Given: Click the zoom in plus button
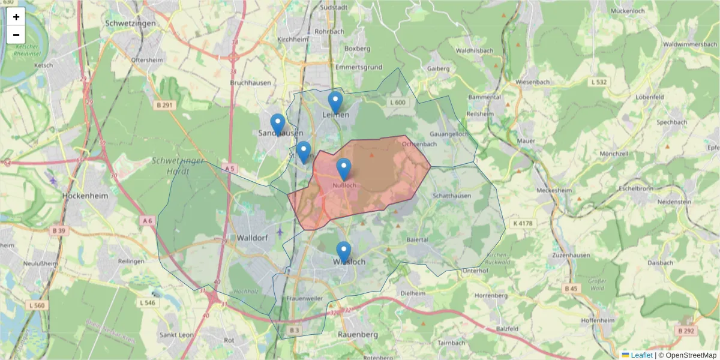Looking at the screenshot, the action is click(x=16, y=17).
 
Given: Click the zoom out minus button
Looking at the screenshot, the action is click(x=16, y=35).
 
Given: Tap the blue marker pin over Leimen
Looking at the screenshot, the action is click(x=335, y=102).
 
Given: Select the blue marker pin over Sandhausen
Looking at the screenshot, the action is click(x=277, y=124).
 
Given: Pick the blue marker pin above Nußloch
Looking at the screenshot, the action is click(x=343, y=169).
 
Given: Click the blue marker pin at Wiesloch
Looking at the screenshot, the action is click(x=343, y=252).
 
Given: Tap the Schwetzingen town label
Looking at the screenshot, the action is click(x=130, y=23).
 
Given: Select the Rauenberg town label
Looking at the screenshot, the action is click(x=358, y=334).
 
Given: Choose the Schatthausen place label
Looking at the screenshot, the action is click(x=451, y=196).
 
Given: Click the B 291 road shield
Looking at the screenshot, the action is click(x=164, y=105).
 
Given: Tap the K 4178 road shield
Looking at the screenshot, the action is click(x=523, y=223).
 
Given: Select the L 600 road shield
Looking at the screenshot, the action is click(x=398, y=103).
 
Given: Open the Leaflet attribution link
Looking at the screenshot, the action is click(x=641, y=355).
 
